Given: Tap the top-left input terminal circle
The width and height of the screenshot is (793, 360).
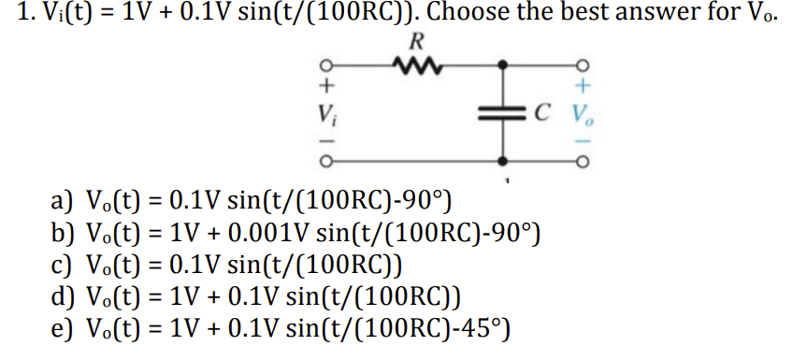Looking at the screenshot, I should tap(326, 66).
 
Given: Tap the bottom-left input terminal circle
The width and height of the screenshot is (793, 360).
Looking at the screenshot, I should tap(326, 166).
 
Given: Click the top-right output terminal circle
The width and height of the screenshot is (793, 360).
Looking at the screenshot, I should tap(583, 66).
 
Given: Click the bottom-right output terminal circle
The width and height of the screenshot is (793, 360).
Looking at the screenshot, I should tap(583, 166).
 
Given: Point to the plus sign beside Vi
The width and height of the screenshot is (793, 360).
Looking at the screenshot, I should tap(326, 87).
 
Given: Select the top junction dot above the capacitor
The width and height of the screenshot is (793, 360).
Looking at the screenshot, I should tap(504, 66).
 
